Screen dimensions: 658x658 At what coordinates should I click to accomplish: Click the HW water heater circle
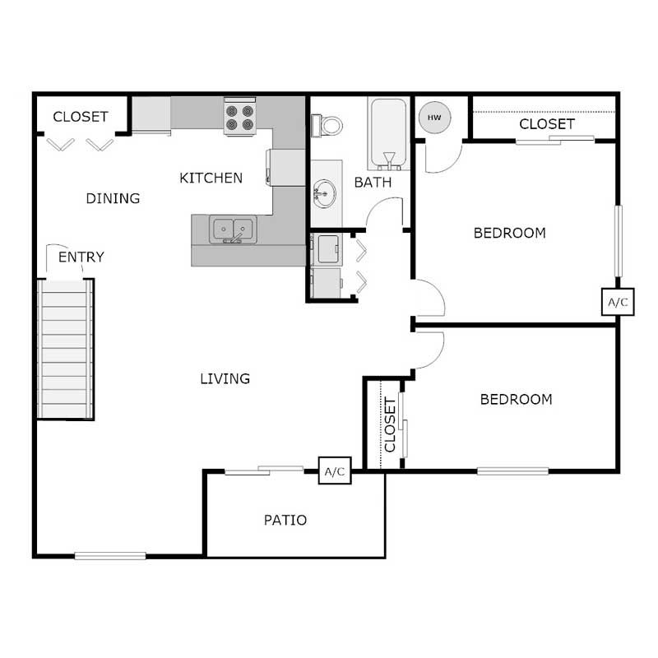coord(433,118)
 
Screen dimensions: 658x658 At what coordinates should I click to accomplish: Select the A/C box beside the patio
coord(335,472)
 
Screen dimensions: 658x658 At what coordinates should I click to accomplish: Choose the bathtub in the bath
coord(387,132)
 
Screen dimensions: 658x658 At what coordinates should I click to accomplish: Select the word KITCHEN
coord(211,178)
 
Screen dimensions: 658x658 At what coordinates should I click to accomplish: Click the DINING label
coord(114,198)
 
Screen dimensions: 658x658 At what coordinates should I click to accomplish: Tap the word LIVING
coord(225,379)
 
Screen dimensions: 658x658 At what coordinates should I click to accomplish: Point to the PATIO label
coord(285,520)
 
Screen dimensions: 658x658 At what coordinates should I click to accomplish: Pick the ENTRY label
coord(81,257)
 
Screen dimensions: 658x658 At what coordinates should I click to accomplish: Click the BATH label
coord(373,183)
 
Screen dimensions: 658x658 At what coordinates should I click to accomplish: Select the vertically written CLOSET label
coord(391,425)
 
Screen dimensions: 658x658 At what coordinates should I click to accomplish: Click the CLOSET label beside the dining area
coord(81,117)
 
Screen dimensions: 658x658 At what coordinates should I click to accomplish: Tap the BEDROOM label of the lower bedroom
coord(516,400)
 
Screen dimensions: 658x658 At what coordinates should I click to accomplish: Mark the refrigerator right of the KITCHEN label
coord(286,167)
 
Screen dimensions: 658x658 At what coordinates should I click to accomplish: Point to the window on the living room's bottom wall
coord(110,556)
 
